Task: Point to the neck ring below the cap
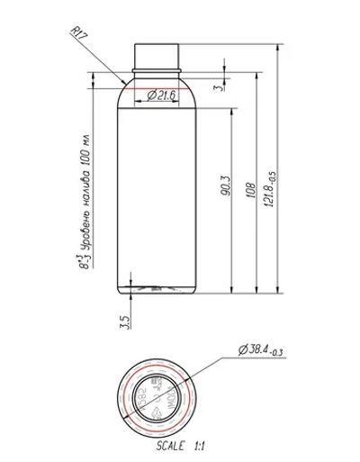pos(159,68)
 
